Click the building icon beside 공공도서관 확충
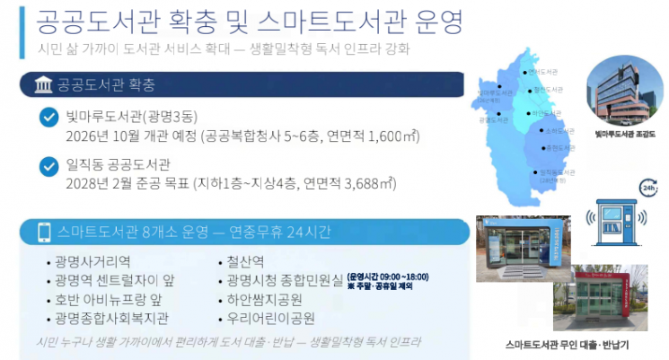tap(41, 86)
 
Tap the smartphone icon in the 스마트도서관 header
tap(42, 233)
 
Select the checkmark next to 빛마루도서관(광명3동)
tap(48, 117)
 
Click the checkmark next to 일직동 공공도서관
tap(48, 165)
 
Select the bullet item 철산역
tap(246, 262)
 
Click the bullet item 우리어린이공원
tap(273, 319)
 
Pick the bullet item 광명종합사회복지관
tap(111, 319)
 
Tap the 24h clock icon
tap(645, 188)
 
